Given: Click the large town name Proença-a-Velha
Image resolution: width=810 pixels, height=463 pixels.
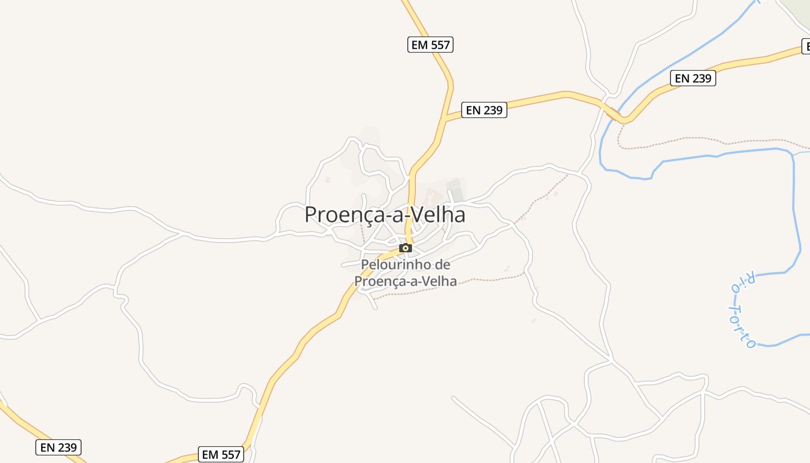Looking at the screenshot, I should click(x=385, y=215).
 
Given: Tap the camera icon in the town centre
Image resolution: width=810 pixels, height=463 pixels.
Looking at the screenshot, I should click(x=406, y=248).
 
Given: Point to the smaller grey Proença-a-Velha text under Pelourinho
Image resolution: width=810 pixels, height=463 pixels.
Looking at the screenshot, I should click(x=405, y=281).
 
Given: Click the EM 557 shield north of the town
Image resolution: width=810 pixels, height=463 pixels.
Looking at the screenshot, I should click(x=430, y=45).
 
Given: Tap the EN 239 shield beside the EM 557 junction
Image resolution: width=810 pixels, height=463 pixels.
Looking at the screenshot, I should click(x=485, y=110).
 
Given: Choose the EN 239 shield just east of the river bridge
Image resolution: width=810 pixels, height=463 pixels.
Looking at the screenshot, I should click(x=693, y=78).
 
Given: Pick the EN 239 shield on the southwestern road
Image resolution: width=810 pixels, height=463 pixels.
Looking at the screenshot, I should click(x=58, y=447).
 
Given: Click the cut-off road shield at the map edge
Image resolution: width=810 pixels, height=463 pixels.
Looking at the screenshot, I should click(x=805, y=46).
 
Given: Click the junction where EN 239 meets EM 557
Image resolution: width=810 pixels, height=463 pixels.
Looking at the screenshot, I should click(x=443, y=119).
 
